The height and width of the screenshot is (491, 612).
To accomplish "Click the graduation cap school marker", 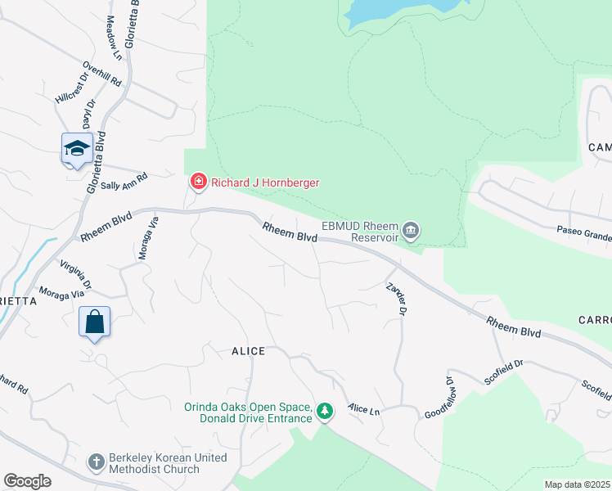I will [x=76, y=149].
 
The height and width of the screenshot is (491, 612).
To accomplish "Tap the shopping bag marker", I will [x=94, y=322].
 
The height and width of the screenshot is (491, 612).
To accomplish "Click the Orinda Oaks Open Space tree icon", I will [x=326, y=411].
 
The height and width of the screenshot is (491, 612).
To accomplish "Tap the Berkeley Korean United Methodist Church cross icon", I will [x=96, y=462].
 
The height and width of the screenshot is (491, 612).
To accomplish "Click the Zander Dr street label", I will [x=397, y=298].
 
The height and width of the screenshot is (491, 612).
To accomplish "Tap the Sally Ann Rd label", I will [x=124, y=182].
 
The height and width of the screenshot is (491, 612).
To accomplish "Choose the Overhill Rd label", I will [x=101, y=75].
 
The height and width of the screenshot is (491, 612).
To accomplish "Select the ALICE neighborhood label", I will [x=248, y=351].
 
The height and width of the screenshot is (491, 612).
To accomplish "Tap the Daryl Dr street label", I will [x=88, y=115].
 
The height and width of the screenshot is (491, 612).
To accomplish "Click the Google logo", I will [x=27, y=481].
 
